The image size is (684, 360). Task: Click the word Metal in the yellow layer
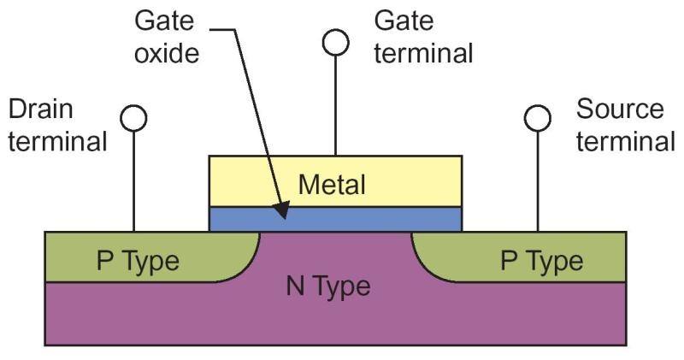point(332,184)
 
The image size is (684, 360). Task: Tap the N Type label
point(328,286)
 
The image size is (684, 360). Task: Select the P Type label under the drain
point(139,259)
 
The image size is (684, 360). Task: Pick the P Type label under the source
point(541,259)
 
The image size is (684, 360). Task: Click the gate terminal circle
point(336,42)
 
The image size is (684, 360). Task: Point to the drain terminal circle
point(134,118)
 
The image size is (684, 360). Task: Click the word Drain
point(40,109)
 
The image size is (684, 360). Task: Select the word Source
point(620,109)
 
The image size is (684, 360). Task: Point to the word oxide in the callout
point(167,54)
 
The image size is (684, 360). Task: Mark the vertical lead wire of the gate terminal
point(336,103)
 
